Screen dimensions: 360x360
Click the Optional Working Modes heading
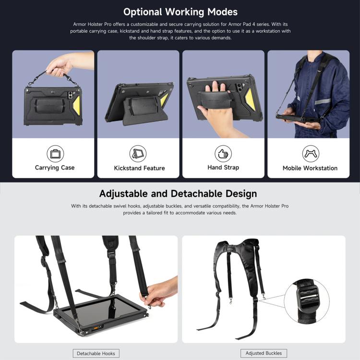tap(180, 12)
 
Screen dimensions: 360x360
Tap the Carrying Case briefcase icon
tap(55, 154)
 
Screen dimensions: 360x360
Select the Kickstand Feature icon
tap(138, 154)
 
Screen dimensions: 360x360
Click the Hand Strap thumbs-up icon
tap(223, 154)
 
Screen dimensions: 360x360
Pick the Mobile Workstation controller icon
tap(310, 154)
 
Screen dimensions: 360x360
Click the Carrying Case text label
tap(55, 168)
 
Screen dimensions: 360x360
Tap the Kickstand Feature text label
tap(139, 168)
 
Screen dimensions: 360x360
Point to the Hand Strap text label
tap(223, 168)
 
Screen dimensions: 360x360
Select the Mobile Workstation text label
tap(310, 168)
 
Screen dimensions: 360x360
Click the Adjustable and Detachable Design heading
tap(178, 194)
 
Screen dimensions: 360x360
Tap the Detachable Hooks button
tap(96, 353)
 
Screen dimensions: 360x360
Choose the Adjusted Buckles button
tap(264, 353)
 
